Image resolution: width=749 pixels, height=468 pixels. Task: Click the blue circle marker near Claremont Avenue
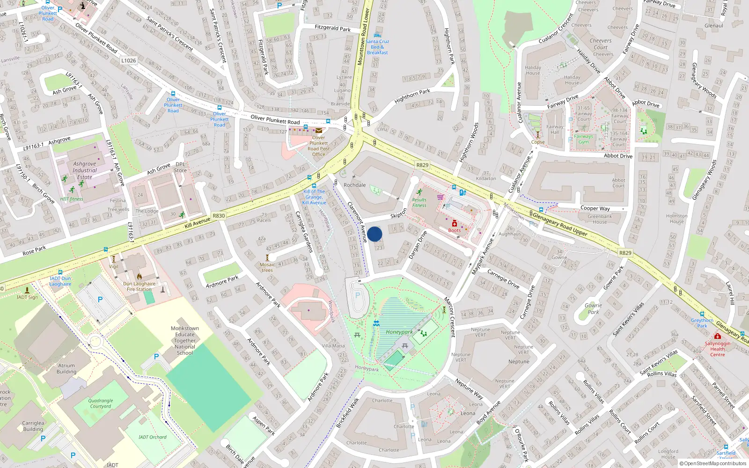click(x=374, y=234)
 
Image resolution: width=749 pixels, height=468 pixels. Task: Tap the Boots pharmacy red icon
click(x=454, y=223)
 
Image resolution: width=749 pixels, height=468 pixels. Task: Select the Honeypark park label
click(x=399, y=332)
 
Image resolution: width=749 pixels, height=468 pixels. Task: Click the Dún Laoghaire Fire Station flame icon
click(x=139, y=277)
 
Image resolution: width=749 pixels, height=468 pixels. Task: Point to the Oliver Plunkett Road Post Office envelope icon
click(x=319, y=131)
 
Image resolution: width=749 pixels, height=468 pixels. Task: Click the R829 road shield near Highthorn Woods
click(x=422, y=165)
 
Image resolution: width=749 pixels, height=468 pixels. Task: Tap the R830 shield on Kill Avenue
click(x=219, y=216)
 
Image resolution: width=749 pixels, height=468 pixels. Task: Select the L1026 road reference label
click(x=128, y=60)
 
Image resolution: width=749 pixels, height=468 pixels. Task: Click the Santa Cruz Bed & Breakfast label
click(x=377, y=47)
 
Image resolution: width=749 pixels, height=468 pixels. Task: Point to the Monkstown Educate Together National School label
click(x=185, y=341)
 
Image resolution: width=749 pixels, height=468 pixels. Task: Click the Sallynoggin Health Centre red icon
click(x=717, y=336)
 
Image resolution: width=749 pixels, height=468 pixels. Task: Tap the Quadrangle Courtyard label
click(x=101, y=403)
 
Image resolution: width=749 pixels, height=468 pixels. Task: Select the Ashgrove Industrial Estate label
click(x=85, y=170)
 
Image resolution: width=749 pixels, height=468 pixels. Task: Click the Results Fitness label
click(x=419, y=203)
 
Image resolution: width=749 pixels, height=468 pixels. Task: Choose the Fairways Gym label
click(x=583, y=139)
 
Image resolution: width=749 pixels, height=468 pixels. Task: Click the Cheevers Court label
click(x=601, y=44)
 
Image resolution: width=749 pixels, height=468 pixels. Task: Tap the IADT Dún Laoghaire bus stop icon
click(x=60, y=272)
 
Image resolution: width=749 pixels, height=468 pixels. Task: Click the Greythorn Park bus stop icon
click(x=702, y=314)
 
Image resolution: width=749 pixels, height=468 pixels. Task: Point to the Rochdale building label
click(x=354, y=185)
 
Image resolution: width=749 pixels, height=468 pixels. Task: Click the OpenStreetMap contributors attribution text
click(x=712, y=463)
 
